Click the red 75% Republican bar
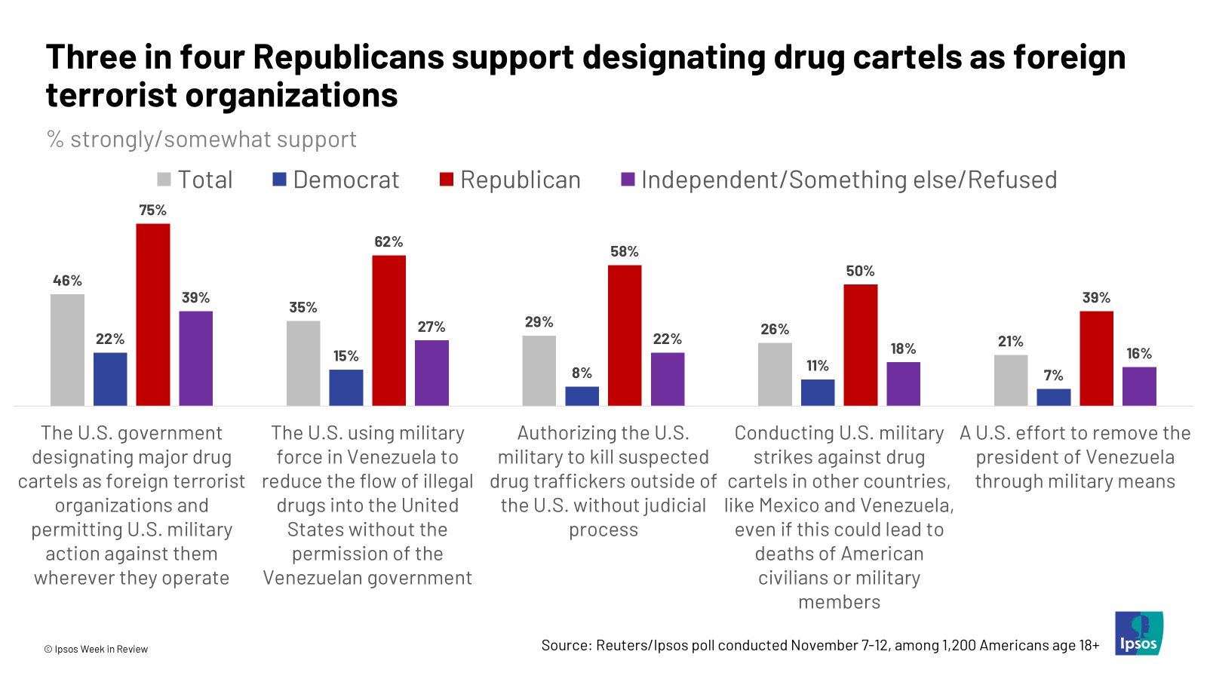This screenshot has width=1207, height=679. click(x=152, y=315)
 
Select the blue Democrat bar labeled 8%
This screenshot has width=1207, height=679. click(x=582, y=396)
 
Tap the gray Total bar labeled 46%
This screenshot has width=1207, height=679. click(x=67, y=350)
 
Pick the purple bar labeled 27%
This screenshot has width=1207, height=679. click(x=432, y=373)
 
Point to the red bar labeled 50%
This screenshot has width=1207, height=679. click(x=860, y=345)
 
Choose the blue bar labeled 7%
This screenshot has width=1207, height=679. click(x=1053, y=398)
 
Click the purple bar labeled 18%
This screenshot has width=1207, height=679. click(x=903, y=384)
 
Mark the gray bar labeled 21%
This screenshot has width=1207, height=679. click(x=1010, y=380)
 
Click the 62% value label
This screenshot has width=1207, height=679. click(x=389, y=242)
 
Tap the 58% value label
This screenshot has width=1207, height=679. click(x=624, y=252)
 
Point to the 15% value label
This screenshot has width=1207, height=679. click(x=346, y=356)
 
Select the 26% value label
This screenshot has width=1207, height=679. click(x=775, y=330)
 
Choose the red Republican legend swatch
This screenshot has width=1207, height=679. click(x=447, y=180)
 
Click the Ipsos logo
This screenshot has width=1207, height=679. click(x=1138, y=634)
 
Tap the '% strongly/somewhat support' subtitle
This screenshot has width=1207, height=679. click(x=201, y=140)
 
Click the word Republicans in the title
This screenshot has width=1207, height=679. click(x=349, y=57)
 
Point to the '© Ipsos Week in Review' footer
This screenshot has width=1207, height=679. click(x=96, y=649)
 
